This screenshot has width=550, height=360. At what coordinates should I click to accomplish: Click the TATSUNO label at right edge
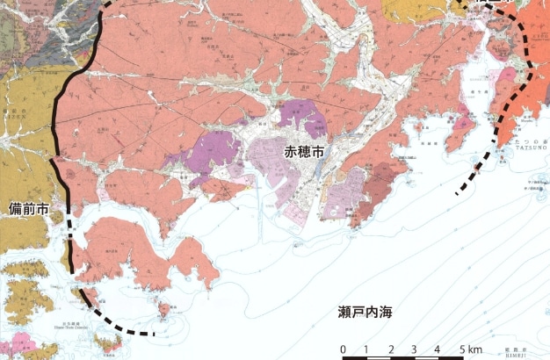[529, 159]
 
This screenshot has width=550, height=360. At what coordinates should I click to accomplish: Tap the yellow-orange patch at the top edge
[416, 11]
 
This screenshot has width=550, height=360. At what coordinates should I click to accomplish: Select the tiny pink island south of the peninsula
[164, 309]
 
